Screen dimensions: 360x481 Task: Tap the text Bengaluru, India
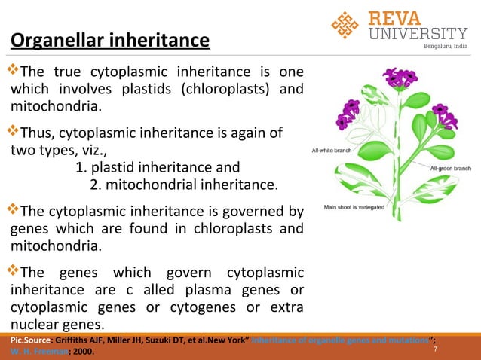(446, 47)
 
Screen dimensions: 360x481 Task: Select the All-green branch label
(450, 169)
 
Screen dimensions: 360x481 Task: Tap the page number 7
(435, 350)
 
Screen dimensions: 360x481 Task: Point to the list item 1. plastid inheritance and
(158, 167)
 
